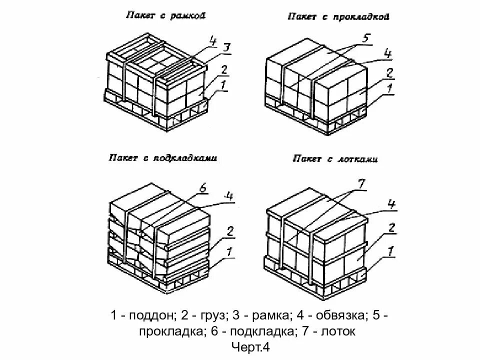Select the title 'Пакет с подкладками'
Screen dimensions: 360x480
pyautogui.click(x=162, y=158)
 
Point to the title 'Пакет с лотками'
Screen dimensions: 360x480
pyautogui.click(x=335, y=159)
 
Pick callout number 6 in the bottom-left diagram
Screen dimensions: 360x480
pyautogui.click(x=202, y=188)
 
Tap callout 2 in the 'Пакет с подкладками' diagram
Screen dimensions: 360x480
pyautogui.click(x=230, y=231)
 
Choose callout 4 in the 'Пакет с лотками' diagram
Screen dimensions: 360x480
pyautogui.click(x=391, y=204)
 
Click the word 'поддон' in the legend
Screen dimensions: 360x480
pyautogui.click(x=150, y=316)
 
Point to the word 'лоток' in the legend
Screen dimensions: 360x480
pyautogui.click(x=338, y=331)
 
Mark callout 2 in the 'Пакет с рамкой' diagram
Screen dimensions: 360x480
pyautogui.click(x=224, y=69)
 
